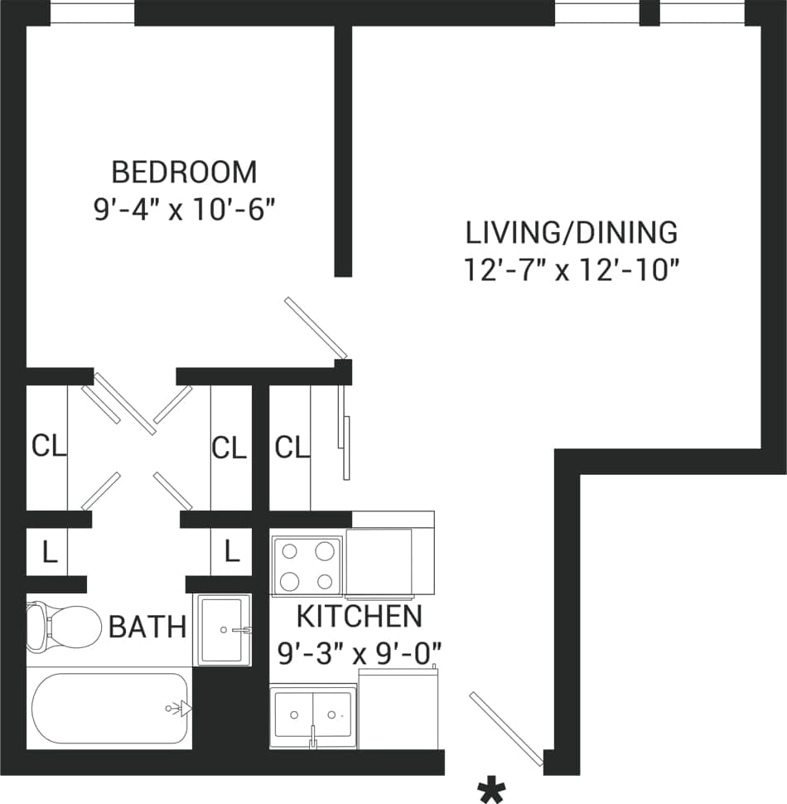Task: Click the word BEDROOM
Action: click(x=184, y=172)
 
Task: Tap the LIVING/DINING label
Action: click(x=572, y=233)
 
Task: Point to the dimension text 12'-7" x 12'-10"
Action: click(x=572, y=270)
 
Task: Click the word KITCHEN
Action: click(x=359, y=617)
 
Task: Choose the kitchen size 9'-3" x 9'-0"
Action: click(x=359, y=653)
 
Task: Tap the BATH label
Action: click(x=147, y=627)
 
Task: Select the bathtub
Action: click(x=109, y=709)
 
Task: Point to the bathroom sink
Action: click(x=222, y=629)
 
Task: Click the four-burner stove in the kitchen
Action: click(x=307, y=565)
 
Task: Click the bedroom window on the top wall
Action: click(x=92, y=13)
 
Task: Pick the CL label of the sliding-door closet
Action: click(x=292, y=448)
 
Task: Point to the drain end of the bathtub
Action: click(x=176, y=709)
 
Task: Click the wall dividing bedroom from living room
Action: click(x=343, y=149)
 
